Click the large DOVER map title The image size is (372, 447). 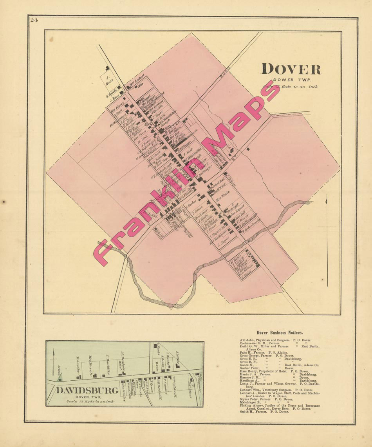[291, 69]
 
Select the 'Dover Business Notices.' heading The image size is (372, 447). [279, 333]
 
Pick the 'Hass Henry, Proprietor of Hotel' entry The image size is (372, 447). [274, 371]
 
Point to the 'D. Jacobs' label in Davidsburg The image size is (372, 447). [78, 365]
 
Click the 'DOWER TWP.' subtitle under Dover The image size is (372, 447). [290, 80]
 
